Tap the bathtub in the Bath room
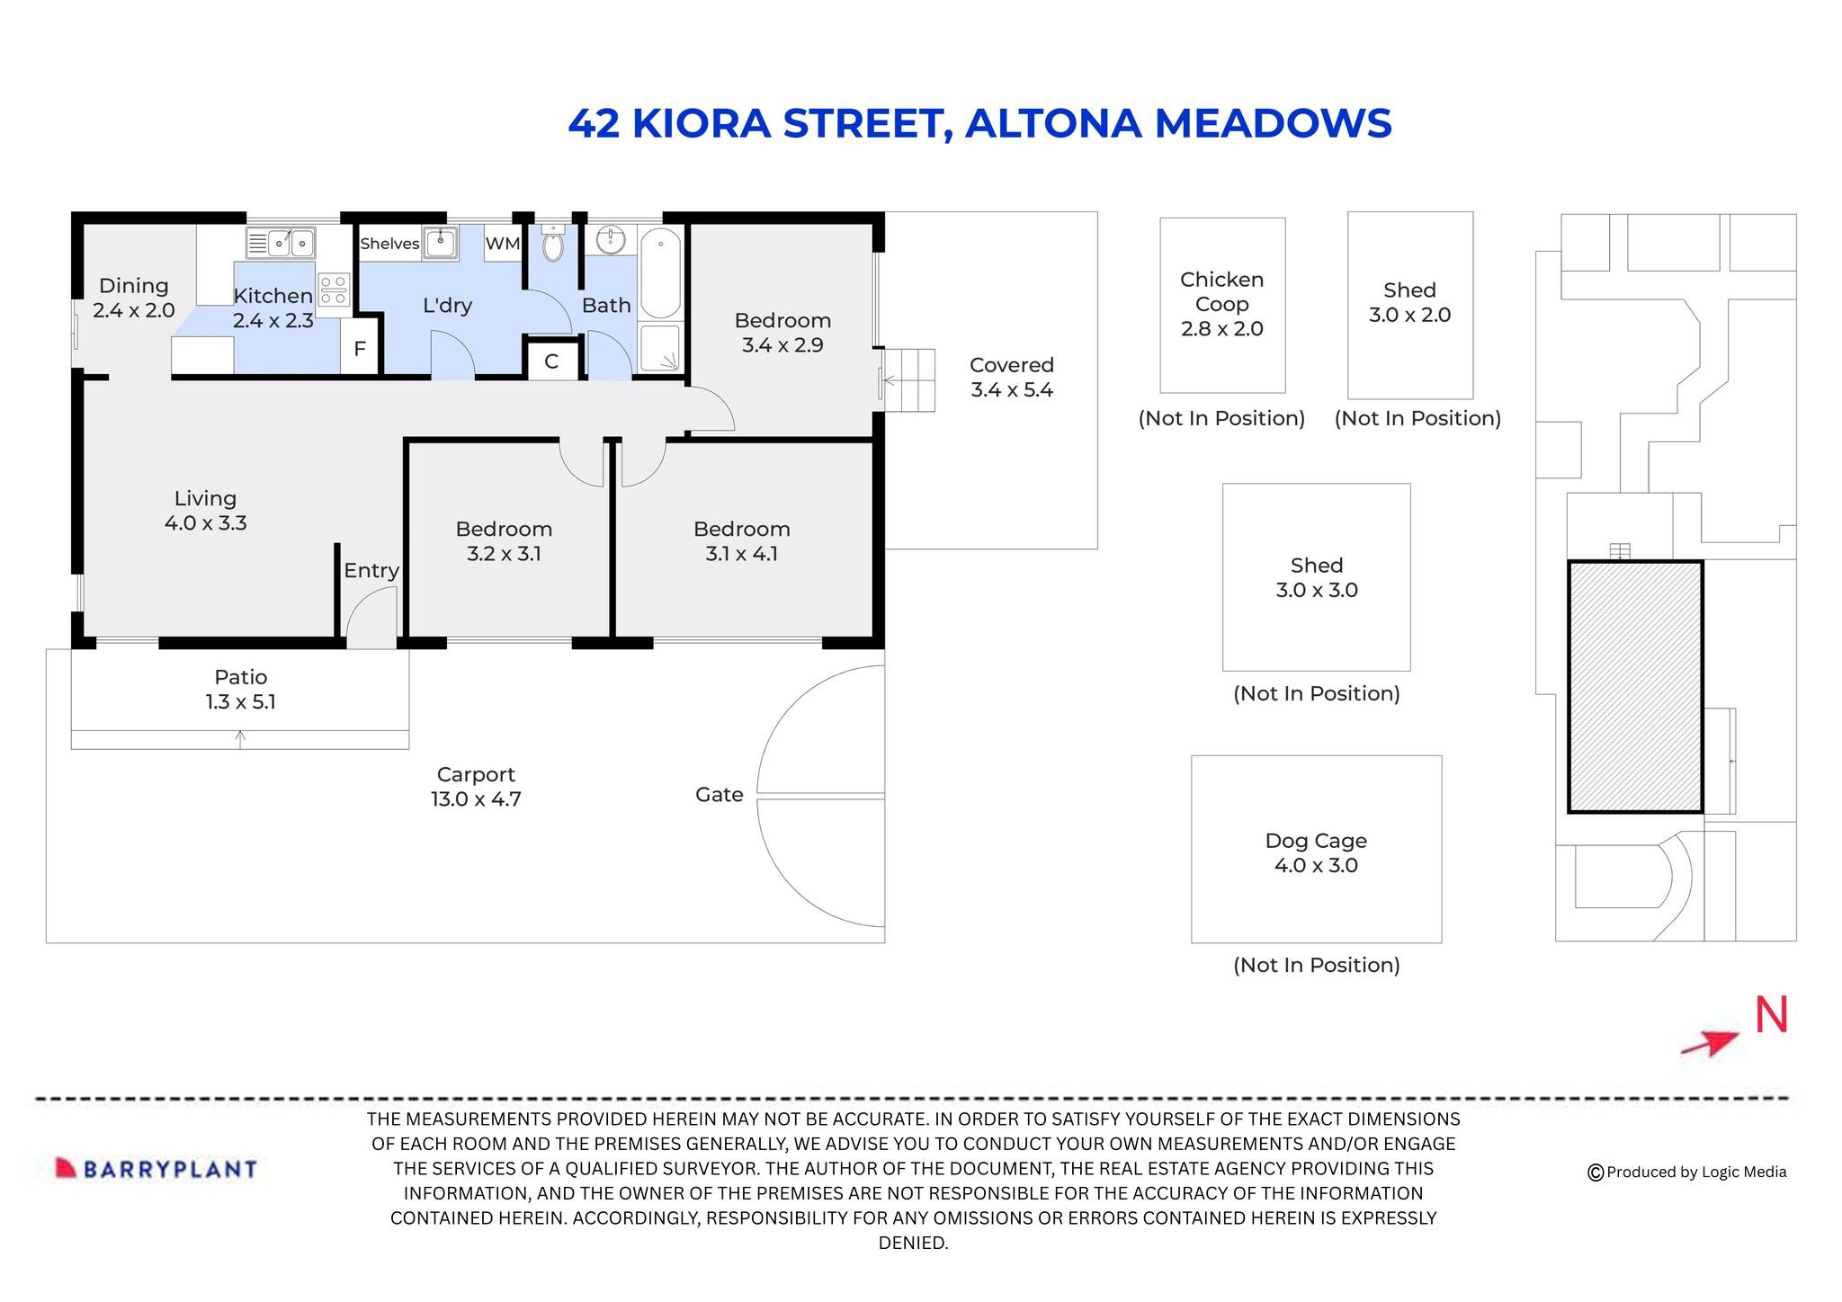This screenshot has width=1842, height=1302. tap(661, 273)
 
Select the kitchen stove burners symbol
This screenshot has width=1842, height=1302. tap(334, 290)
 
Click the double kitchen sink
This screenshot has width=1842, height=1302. tap(281, 243)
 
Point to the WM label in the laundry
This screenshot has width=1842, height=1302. tap(502, 244)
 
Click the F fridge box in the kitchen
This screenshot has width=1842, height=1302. tap(360, 349)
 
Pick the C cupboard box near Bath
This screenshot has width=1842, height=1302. tap(551, 361)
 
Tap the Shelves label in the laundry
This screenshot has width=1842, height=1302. tap(389, 244)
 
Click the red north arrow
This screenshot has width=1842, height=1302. tap(1709, 1043)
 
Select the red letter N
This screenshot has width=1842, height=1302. tap(1771, 1015)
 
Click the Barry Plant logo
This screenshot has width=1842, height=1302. tap(156, 1168)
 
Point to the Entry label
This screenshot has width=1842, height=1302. tap(371, 571)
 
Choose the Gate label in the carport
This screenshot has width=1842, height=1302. tap(719, 795)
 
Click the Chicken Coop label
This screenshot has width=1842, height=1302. tap(1221, 291)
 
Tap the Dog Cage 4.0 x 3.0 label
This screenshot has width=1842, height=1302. tap(1316, 852)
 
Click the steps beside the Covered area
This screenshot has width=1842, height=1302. tap(909, 380)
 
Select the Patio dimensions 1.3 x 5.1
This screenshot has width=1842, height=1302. tap(241, 702)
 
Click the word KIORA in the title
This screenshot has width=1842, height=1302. tap(702, 124)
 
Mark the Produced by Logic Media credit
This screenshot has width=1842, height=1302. tap(1687, 1172)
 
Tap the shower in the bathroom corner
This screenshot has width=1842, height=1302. tap(661, 350)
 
